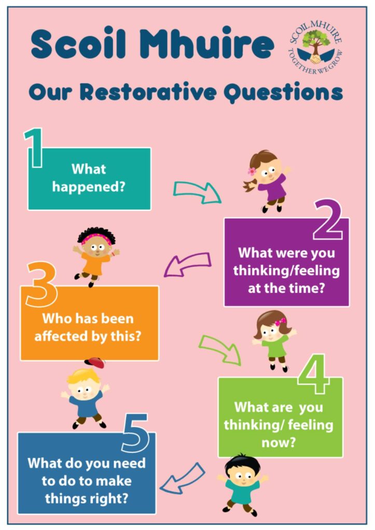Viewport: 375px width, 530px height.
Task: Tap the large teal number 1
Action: coord(34,149)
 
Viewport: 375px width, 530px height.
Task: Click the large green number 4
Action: coord(314,374)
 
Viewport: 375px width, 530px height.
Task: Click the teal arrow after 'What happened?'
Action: coord(197,192)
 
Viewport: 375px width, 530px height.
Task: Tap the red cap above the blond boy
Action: coord(95,362)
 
